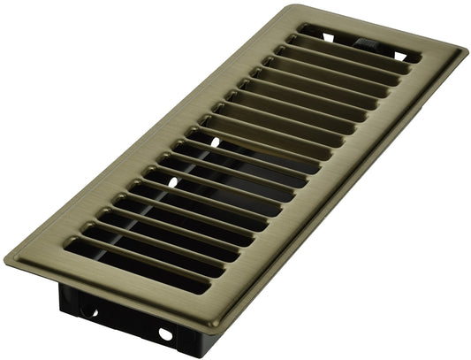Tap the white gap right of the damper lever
[x=398, y=56]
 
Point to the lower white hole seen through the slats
[x=176, y=181]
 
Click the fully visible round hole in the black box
[x=163, y=334]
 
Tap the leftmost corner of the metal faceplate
[x=6, y=257]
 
